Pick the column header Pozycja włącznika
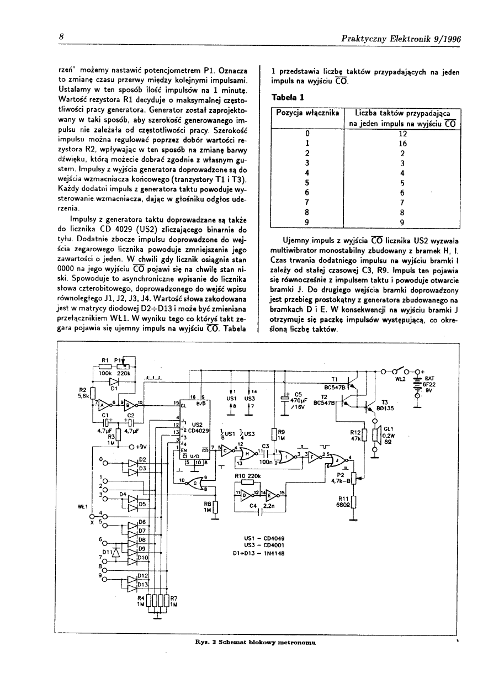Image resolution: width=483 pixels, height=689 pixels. [307, 113]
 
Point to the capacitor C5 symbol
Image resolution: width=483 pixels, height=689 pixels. [285, 397]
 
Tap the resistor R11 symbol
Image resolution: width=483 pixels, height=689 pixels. [354, 501]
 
